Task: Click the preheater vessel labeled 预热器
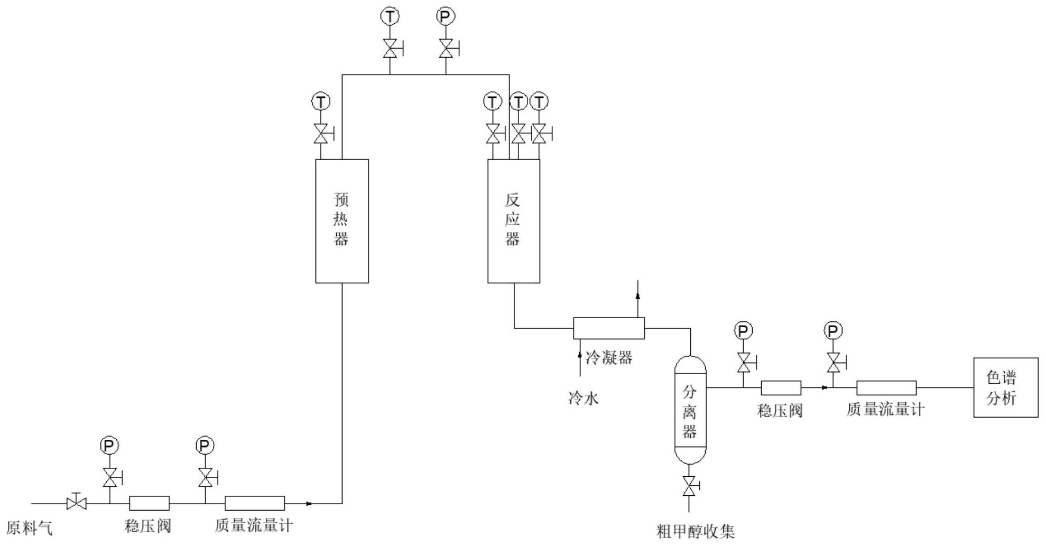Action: click(x=342, y=221)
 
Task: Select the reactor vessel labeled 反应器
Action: click(x=513, y=221)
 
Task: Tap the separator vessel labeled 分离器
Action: click(x=690, y=410)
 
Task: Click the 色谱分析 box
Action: click(x=1005, y=387)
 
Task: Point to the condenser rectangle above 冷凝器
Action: click(x=609, y=328)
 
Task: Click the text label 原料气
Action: click(x=30, y=528)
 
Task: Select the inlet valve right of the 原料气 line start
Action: click(x=77, y=503)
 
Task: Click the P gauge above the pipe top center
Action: click(x=446, y=17)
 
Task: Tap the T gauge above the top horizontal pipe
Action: click(x=390, y=17)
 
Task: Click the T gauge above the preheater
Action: click(x=320, y=101)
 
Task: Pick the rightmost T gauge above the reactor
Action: click(x=539, y=101)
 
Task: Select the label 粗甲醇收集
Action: click(x=696, y=531)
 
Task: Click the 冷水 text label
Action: click(x=584, y=398)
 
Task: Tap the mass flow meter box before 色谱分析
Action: click(x=886, y=388)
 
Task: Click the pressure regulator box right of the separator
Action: click(x=781, y=388)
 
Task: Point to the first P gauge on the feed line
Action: click(x=109, y=446)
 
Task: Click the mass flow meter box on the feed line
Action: click(x=255, y=503)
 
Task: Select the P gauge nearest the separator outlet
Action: click(x=743, y=331)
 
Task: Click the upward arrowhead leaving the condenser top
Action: click(x=637, y=296)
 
